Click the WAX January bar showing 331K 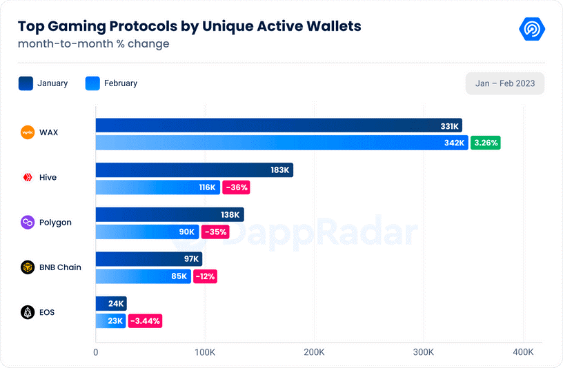point(278,125)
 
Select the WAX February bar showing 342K point(281,143)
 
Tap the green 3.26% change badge point(485,143)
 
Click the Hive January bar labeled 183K point(194,170)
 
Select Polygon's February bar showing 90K point(147,232)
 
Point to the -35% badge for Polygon point(215,232)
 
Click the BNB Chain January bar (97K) point(148,259)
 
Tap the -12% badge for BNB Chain point(205,276)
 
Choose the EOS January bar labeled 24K point(110,303)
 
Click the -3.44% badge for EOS point(145,320)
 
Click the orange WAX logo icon point(28,132)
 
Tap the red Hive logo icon point(28,177)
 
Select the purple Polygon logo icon point(28,223)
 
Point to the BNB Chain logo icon point(28,267)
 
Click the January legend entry point(43,83)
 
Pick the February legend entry point(111,83)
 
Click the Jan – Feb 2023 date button point(505,83)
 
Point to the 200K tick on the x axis point(314,352)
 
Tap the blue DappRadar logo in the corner point(532,29)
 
